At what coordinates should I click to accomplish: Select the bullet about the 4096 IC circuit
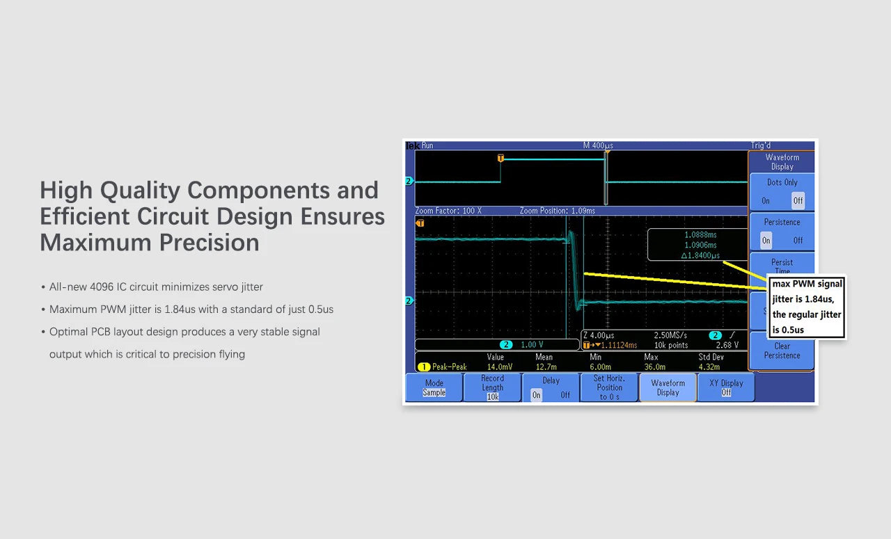tap(156, 287)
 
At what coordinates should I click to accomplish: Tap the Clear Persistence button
tap(782, 351)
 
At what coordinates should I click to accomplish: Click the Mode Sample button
tap(434, 387)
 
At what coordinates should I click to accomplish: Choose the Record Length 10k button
tap(492, 387)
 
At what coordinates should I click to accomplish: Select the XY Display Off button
tap(726, 387)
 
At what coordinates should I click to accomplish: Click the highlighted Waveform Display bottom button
tap(668, 387)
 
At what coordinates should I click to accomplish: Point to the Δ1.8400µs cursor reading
tap(700, 255)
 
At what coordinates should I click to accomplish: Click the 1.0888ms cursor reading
tap(700, 235)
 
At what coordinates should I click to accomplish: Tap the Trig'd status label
tap(761, 145)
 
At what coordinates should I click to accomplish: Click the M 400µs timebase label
tap(598, 145)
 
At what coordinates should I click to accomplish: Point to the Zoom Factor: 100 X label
tap(448, 211)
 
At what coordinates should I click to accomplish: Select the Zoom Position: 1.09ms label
tap(557, 211)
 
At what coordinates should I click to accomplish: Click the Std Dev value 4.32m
tap(710, 367)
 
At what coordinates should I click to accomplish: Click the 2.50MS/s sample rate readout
tap(670, 335)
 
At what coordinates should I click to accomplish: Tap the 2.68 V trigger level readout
tap(727, 345)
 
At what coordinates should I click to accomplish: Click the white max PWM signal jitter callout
tap(807, 307)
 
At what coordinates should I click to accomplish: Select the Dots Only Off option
tap(798, 200)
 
